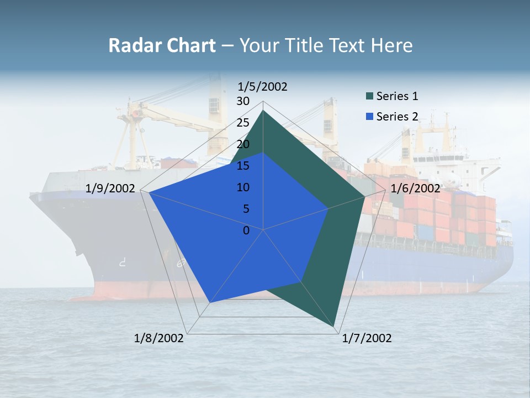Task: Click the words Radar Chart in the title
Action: (x=161, y=45)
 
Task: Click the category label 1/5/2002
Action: (x=263, y=86)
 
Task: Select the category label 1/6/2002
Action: (x=415, y=188)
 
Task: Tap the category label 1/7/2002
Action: (x=367, y=338)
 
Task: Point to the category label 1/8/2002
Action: (x=159, y=338)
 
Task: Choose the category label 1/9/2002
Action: (x=110, y=188)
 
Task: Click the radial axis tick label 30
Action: (x=243, y=101)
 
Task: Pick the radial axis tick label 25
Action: (x=243, y=123)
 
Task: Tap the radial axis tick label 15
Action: (x=243, y=166)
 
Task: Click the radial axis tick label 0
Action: (x=246, y=231)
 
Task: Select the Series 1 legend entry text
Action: (x=397, y=96)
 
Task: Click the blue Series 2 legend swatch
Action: (x=370, y=117)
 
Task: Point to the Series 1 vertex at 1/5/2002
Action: (x=263, y=111)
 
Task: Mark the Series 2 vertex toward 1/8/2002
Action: (x=210, y=303)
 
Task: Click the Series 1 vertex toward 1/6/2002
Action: (x=364, y=197)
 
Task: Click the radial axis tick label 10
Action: (x=243, y=187)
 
